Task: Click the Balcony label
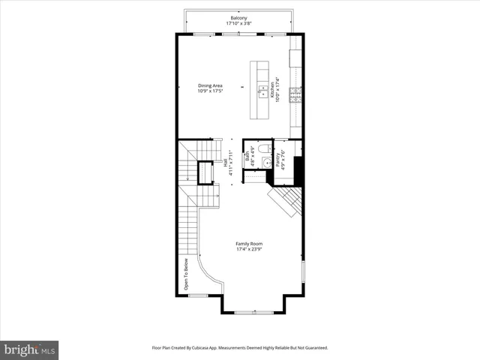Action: pos(238,17)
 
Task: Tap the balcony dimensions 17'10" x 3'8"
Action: pos(238,23)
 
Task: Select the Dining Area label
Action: pos(210,86)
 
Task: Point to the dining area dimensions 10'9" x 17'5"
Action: pos(210,92)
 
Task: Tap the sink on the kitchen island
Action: pos(262,91)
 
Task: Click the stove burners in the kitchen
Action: pos(296,94)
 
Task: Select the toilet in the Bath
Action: pos(266,148)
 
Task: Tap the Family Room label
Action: pos(248,244)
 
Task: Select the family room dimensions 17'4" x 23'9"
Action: pos(248,250)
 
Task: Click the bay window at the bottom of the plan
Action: pos(252,312)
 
